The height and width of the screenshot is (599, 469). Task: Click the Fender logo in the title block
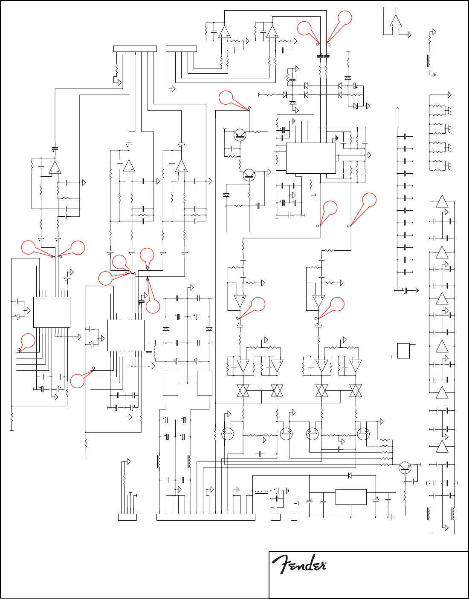point(299,565)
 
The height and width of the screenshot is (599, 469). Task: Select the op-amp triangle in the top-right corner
point(396,21)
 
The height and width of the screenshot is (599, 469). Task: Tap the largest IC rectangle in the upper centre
point(311,158)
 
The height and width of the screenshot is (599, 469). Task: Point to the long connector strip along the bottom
point(206,517)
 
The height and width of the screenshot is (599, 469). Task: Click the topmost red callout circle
point(345,17)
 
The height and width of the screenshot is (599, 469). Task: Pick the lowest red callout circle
point(77,381)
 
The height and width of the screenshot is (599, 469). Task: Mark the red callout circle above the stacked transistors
point(226,97)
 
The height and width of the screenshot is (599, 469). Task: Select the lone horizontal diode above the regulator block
point(350,476)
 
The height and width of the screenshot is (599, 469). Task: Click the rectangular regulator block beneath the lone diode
point(351,497)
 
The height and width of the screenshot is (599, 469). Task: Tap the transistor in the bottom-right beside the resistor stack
point(405,468)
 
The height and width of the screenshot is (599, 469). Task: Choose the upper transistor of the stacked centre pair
point(240,136)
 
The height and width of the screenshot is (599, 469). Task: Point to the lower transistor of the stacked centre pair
point(249,175)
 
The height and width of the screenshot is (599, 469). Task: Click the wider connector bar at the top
point(135,49)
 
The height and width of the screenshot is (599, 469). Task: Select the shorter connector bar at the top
point(181,49)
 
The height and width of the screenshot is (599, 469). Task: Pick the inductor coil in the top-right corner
point(429,61)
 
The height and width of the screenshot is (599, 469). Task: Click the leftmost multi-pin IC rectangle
point(52,312)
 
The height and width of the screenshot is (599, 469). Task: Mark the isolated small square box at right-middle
point(403,350)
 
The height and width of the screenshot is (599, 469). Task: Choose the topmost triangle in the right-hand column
point(442,202)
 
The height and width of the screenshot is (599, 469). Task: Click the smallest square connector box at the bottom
point(294,517)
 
